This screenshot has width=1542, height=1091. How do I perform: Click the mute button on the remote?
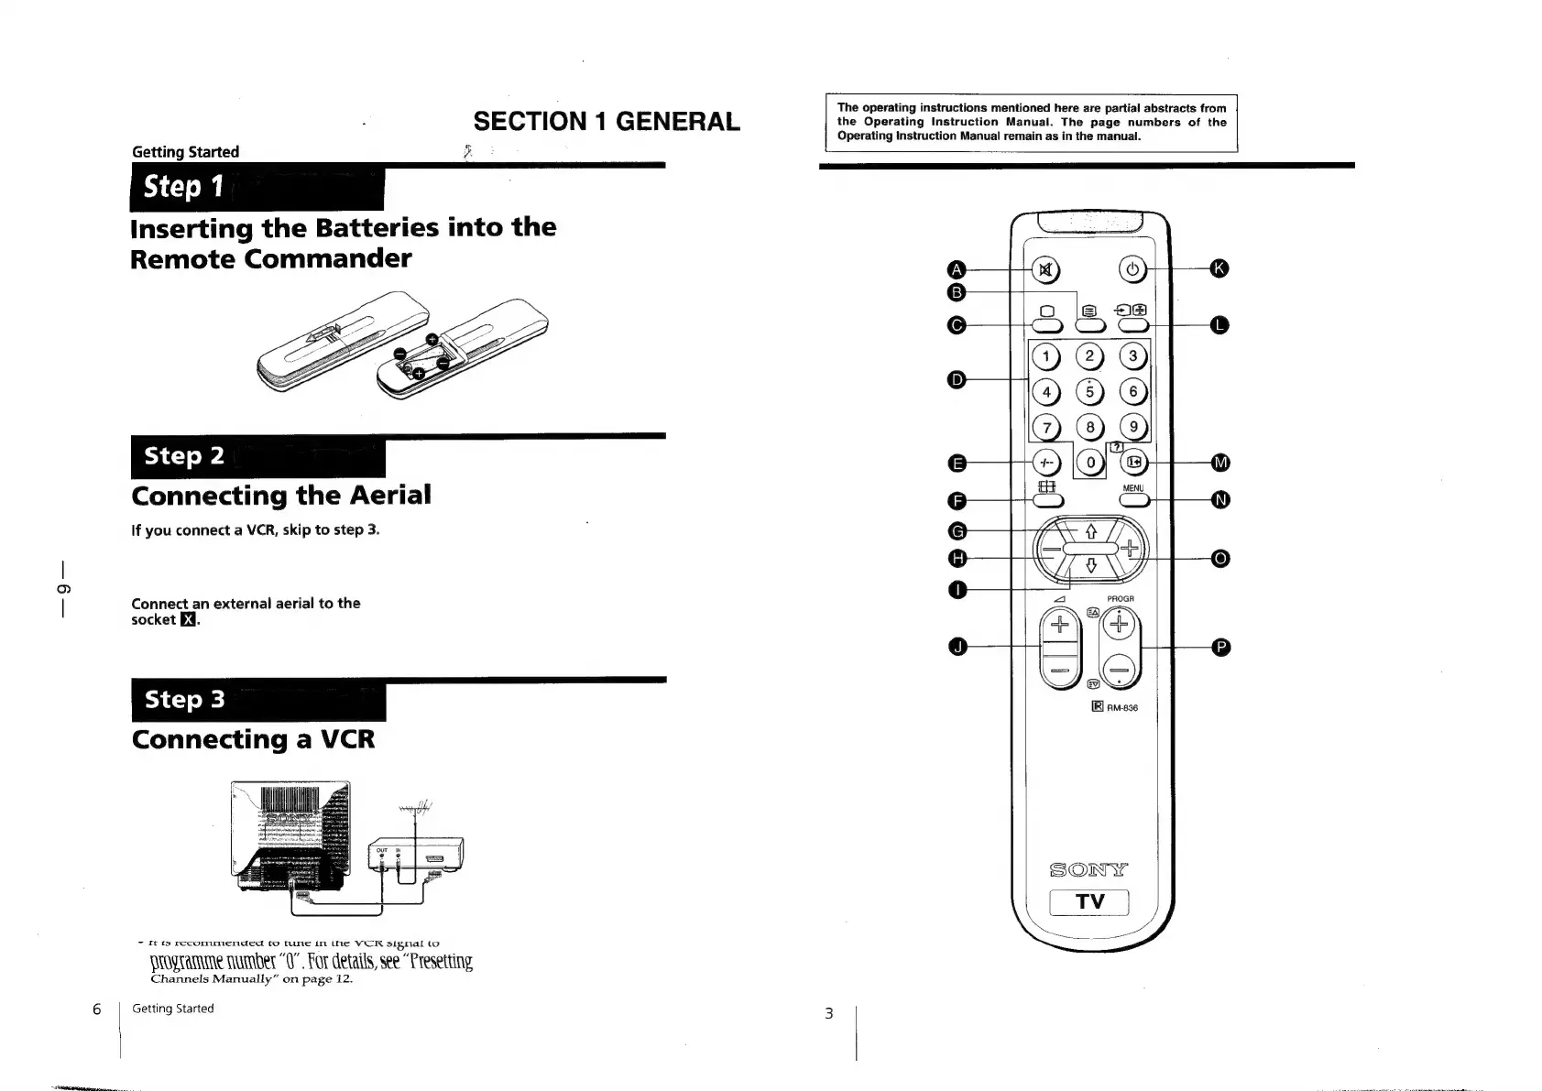coord(1045,269)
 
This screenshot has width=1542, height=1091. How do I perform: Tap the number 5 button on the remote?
coord(1089,392)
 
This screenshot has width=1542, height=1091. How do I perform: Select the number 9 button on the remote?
coord(1133,427)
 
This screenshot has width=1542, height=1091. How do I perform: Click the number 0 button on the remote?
coord(1090,463)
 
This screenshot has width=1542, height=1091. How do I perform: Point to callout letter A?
coord(957,269)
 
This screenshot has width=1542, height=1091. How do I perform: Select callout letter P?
coord(1220,648)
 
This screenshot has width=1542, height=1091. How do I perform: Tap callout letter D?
coord(957,379)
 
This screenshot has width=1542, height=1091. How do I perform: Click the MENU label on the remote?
coord(1133,488)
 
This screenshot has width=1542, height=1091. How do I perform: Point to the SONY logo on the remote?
coord(1089,868)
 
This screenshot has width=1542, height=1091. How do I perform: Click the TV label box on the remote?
coord(1089,902)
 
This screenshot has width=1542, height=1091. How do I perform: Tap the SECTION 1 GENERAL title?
coord(607,122)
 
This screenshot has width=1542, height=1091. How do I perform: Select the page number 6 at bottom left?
coord(97,1009)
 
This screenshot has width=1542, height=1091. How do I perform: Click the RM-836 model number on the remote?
coord(1121,708)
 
